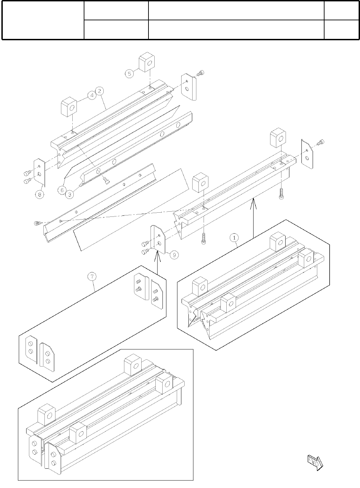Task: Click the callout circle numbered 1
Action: tap(234, 237)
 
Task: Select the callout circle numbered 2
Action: tap(99, 91)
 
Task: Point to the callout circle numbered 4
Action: tap(91, 96)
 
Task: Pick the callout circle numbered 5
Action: tap(129, 73)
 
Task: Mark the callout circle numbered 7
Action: tap(92, 276)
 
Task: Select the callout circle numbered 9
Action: tap(174, 255)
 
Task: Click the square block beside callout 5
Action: tap(146, 62)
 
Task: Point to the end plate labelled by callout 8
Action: tap(39, 172)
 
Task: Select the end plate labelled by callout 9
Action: tap(158, 237)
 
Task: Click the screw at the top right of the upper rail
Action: tap(201, 73)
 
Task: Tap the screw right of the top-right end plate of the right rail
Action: tap(321, 141)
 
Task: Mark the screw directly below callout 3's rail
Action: tap(106, 179)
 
